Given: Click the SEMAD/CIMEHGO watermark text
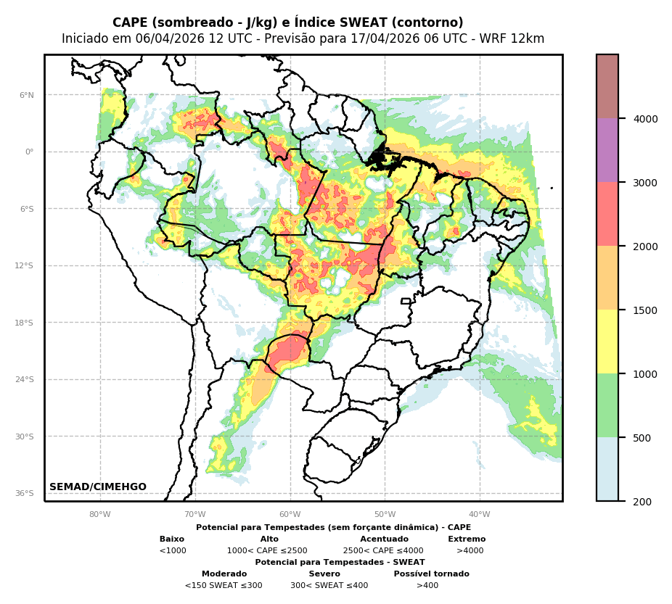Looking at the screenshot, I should pos(98,487).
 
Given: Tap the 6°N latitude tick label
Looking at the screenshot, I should pos(27,95).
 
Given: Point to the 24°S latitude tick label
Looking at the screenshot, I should pos(25,379).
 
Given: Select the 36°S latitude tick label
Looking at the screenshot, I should pos(25,493).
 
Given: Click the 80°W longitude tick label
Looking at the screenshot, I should pos(100,515).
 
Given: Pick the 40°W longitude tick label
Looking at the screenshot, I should pos(480,515).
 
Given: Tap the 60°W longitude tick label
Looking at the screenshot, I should pos(290,515).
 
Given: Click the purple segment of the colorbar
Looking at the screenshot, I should pos(607,150).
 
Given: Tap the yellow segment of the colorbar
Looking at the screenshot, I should pos(607,342).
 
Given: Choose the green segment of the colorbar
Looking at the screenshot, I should pos(607,405).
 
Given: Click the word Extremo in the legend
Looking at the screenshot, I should pos(467,539).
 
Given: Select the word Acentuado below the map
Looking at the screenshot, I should pos(384,539).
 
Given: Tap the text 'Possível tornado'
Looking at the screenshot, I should pos(431,574).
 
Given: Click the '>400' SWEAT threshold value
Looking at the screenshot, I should pos(427,586).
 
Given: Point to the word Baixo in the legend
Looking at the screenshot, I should pos(172,539).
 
